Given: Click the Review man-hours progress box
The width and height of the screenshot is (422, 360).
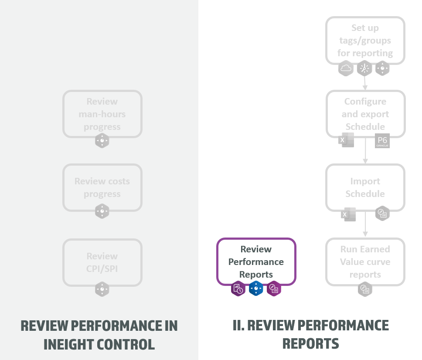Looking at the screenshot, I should [102, 114].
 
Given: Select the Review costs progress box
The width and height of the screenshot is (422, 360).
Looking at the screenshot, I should [102, 187].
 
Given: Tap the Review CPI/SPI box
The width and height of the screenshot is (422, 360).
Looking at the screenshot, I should [102, 262].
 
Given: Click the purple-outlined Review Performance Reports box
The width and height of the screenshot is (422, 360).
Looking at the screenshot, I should [256, 262].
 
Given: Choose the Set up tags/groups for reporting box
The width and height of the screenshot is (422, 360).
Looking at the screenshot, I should [365, 41].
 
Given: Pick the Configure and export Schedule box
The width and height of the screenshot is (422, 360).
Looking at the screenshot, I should [365, 114].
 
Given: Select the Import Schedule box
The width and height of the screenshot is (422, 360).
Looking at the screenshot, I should [365, 187].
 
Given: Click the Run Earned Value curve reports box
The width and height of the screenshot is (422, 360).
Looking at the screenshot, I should [365, 262].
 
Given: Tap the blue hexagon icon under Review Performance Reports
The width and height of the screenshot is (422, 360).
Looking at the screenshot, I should [256, 289].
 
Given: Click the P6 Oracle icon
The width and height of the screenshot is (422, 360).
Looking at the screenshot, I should [382, 141].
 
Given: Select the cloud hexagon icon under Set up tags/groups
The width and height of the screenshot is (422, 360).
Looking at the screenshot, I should [346, 68].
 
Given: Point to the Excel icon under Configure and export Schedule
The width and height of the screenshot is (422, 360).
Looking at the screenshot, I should [347, 140].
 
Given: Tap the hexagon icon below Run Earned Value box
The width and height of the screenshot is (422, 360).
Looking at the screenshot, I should [365, 289].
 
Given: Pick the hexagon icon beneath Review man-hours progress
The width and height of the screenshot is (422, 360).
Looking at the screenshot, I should [102, 141].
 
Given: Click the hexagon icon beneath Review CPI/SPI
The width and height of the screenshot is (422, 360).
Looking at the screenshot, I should [102, 289].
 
